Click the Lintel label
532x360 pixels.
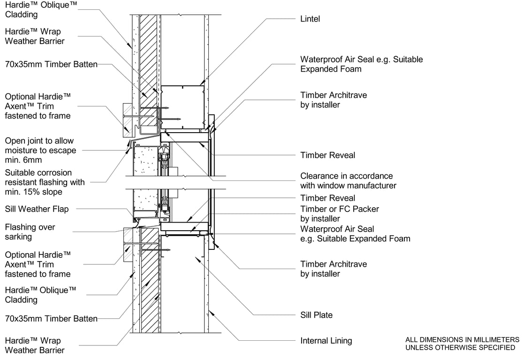tap(310, 19)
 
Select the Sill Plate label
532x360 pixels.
tap(316, 315)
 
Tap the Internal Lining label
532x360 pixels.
tap(326, 341)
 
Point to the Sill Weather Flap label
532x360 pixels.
tap(37, 209)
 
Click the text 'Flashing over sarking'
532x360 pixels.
tap(30, 232)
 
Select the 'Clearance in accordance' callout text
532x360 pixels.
tap(347, 176)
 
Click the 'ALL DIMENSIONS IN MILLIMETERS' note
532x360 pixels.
tap(462, 340)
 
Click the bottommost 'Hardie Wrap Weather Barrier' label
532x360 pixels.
tap(35, 345)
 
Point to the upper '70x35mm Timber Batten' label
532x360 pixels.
tap(51, 65)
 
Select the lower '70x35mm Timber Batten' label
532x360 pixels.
tap(51, 319)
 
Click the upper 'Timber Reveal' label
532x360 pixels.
tap(327, 155)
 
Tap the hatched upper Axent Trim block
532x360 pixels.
tap(127, 120)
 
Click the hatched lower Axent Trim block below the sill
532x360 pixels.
tap(128, 245)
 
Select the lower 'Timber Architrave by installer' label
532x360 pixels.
tap(334, 269)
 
